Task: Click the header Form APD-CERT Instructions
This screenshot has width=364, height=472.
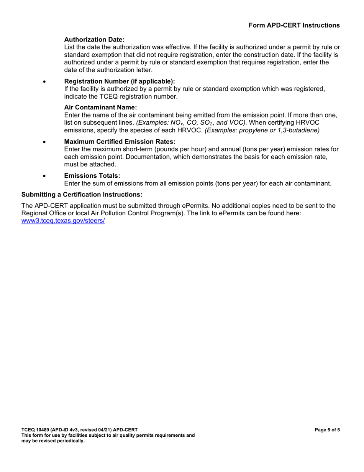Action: point(294,25)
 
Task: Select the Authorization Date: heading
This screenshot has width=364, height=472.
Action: point(94,40)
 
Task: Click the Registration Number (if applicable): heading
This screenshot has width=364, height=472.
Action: point(120,81)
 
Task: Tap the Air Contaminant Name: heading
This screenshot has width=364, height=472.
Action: point(100,107)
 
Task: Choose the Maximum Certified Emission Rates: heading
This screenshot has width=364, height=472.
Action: point(120,142)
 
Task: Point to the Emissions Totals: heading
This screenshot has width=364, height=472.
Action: point(92,176)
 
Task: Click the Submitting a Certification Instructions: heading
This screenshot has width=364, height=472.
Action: point(82,195)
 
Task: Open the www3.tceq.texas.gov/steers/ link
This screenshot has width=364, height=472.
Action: point(63,221)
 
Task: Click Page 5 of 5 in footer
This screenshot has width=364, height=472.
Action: point(327,430)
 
